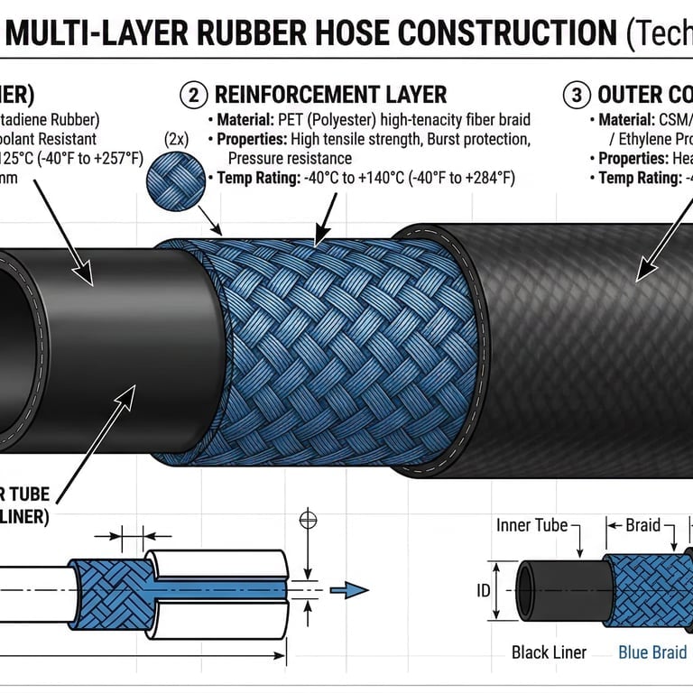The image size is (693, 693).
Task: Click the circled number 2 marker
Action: pos(192,95)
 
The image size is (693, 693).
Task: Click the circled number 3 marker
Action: pos(575,95)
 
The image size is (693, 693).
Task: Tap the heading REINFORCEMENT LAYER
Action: pos(329,95)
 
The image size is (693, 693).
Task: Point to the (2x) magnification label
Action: pos(176,138)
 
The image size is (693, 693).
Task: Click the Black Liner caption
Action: pos(549,651)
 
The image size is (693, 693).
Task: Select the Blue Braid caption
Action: pos(651,651)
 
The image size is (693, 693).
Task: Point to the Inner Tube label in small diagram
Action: pos(532,525)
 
